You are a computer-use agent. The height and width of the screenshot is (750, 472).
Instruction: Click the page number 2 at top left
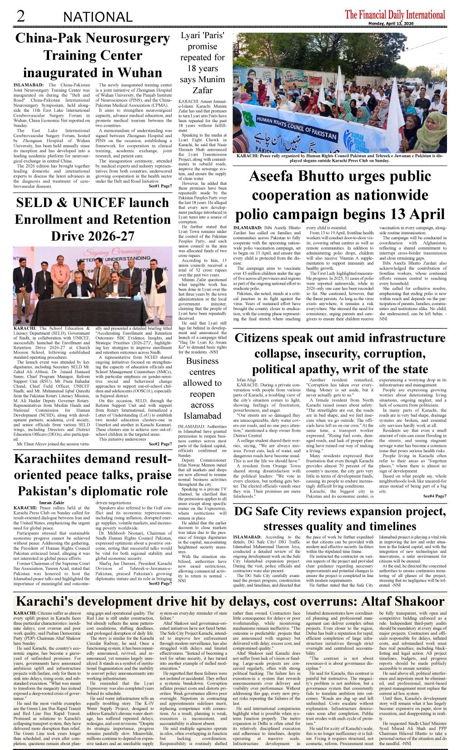[20, 16]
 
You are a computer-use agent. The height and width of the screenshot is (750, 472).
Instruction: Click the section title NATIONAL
[98, 17]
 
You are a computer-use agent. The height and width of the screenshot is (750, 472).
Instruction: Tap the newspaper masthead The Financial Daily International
[395, 15]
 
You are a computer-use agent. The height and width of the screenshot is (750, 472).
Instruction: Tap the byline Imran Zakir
[52, 503]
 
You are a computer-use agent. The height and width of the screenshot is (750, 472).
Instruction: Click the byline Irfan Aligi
[247, 380]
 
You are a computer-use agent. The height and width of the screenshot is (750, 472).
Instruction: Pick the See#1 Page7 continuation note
[160, 186]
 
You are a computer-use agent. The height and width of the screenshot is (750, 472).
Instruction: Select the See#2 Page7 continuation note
[160, 444]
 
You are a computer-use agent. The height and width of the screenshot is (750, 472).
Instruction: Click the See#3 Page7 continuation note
[160, 583]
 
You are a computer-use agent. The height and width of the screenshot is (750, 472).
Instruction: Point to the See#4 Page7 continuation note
[435, 496]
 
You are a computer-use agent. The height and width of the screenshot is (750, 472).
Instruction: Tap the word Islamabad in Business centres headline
[202, 416]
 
